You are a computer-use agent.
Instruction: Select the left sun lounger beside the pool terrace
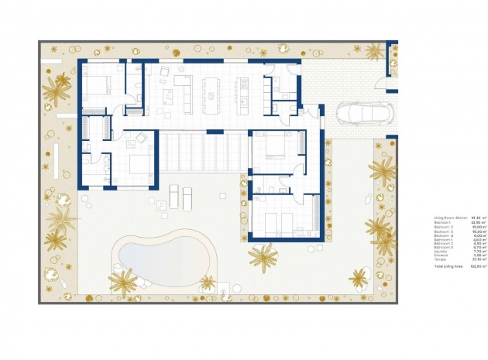tap(175, 196)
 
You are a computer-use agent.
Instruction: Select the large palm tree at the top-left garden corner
tap(57, 90)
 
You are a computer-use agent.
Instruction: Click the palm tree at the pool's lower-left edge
tap(122, 282)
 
